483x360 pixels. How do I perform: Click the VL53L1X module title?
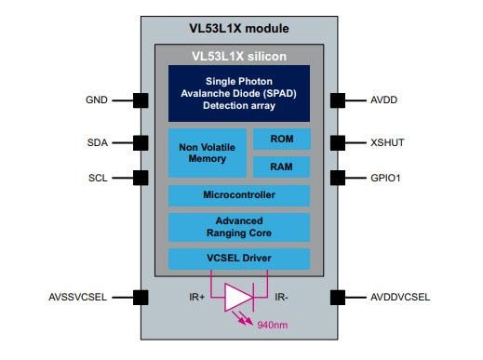[x=238, y=29]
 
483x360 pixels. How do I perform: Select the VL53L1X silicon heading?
[x=238, y=56]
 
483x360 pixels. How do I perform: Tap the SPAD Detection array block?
[x=238, y=94]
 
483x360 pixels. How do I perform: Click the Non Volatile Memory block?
[x=207, y=153]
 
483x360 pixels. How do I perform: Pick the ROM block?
[x=281, y=140]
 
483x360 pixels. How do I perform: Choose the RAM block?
[x=281, y=167]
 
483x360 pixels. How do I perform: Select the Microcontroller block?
[x=238, y=195]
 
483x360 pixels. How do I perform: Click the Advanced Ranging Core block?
[x=238, y=227]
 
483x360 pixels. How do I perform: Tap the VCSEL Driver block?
[x=238, y=258]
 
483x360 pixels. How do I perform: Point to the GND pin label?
[x=97, y=100]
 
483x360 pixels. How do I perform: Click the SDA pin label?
[x=98, y=142]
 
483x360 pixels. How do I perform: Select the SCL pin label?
[x=98, y=176]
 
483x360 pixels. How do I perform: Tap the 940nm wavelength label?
[x=274, y=326]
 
